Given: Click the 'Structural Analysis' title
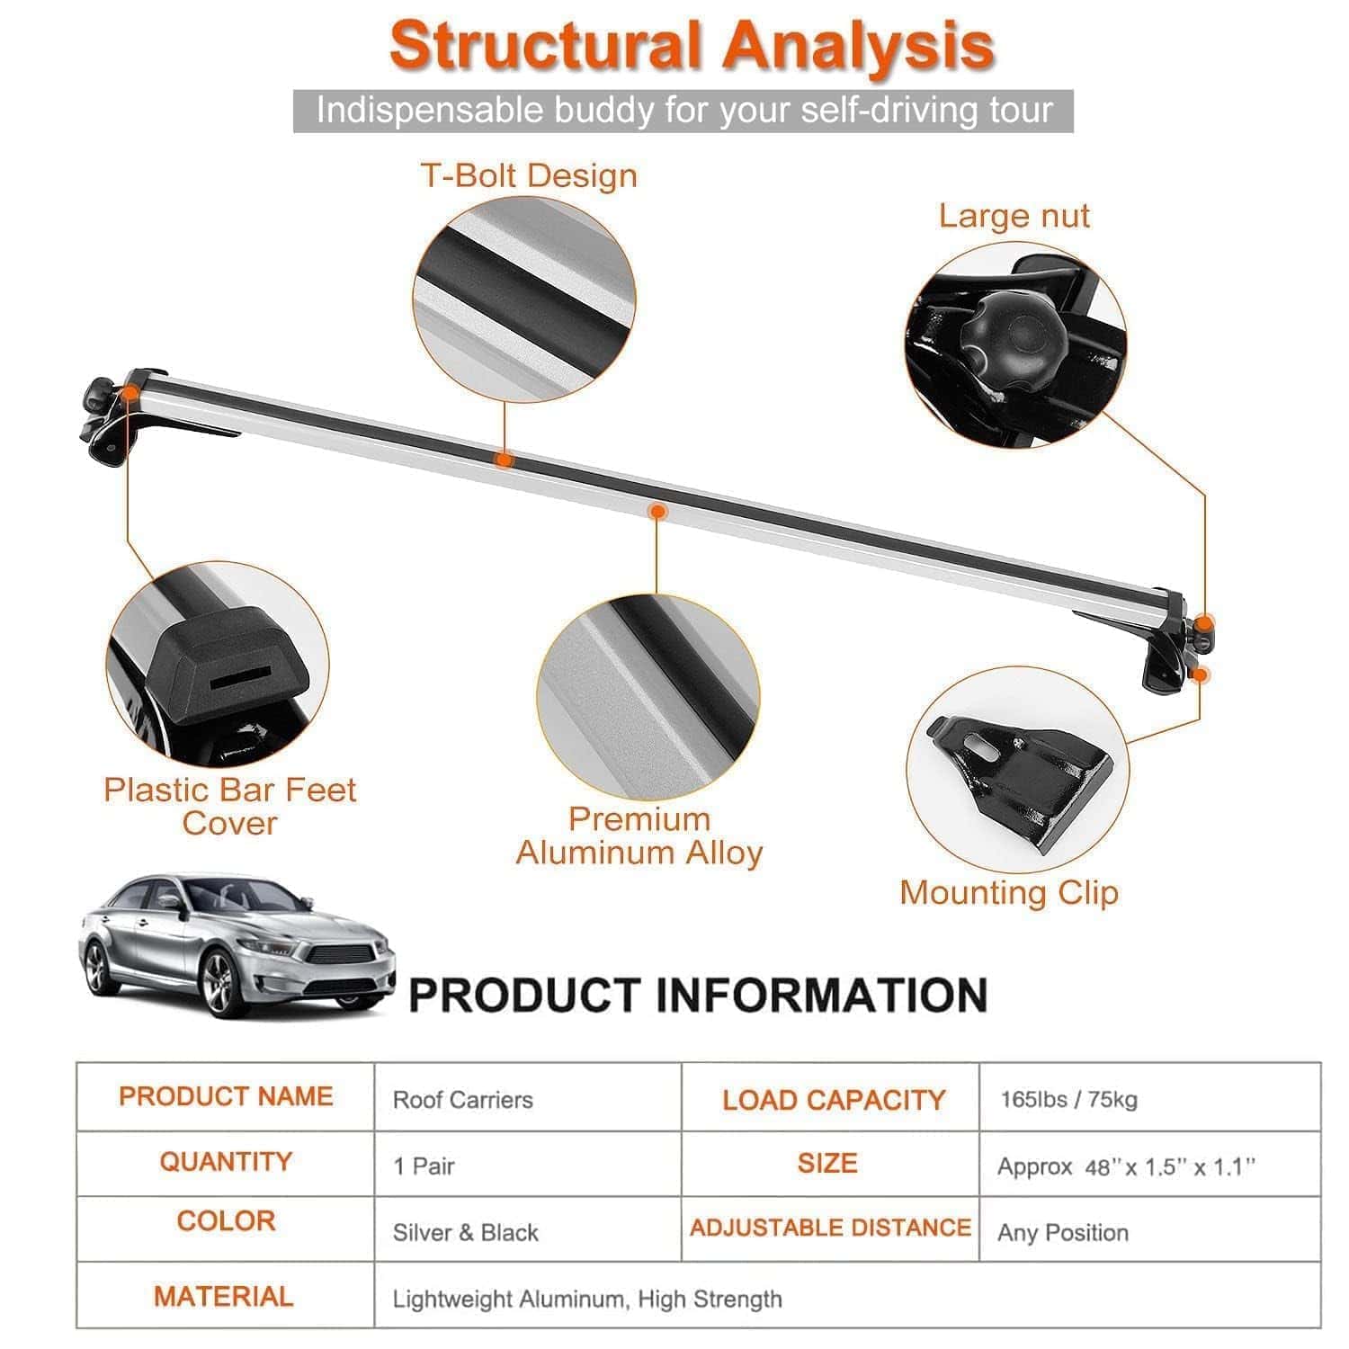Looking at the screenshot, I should pos(692,45).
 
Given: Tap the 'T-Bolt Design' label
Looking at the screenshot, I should pos(529,175).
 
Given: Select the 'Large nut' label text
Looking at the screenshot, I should pos(1014,216).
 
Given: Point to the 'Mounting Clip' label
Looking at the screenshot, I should pos(1008,892).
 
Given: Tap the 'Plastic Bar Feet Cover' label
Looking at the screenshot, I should pos(230,806).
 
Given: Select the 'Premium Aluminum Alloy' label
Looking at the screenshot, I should pos(639,835).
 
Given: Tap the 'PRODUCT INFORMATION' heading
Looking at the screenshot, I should pos(698,996).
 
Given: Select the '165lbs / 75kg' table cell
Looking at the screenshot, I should pos(1068,1099).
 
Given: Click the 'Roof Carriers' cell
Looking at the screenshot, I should pos(462,1100).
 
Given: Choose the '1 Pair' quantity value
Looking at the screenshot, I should pos(424,1166).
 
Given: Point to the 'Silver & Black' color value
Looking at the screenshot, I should pos(465,1232).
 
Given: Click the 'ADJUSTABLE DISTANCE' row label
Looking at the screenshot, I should pos(830,1228).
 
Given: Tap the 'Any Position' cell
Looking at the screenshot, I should pos(1062,1232).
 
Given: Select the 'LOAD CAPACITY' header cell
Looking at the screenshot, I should pos(833,1100).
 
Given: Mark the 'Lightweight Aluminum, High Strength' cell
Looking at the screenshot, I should pos(587,1299).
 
